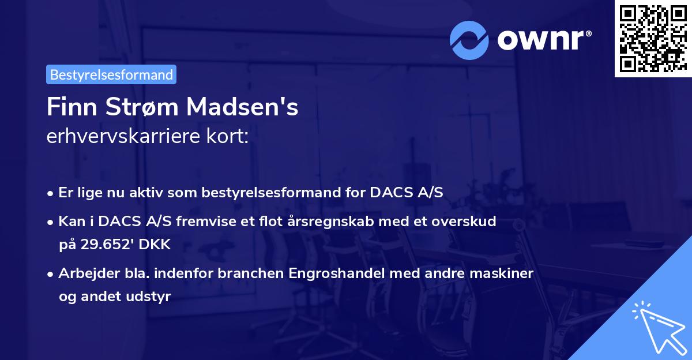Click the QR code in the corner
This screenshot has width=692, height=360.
coord(653,39)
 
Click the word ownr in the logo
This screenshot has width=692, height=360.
coord(543,40)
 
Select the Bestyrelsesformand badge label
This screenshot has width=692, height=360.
coord(111,74)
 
